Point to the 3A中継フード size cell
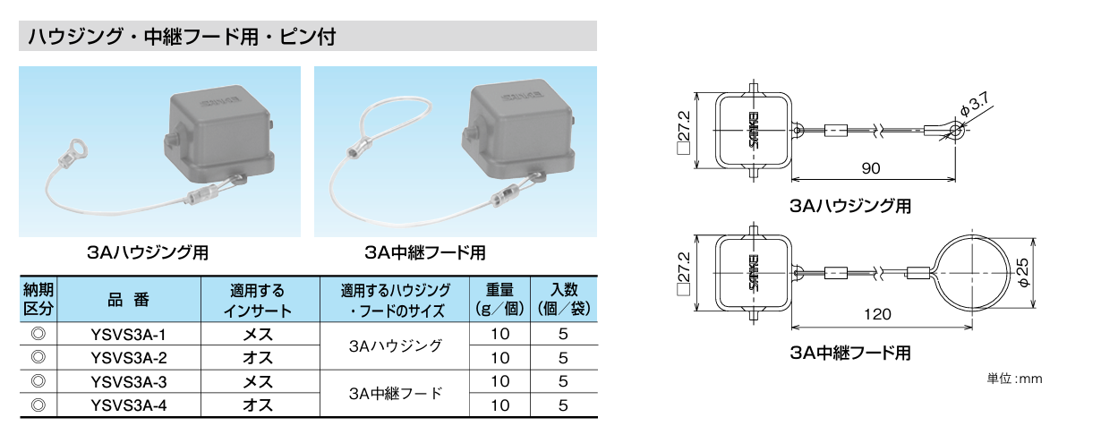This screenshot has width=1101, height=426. pyautogui.click(x=395, y=393)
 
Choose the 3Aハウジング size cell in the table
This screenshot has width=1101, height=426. pyautogui.click(x=395, y=346)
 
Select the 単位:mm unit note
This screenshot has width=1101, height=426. pyautogui.click(x=1014, y=379)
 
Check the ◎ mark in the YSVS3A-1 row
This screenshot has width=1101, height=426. pyautogui.click(x=38, y=335)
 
